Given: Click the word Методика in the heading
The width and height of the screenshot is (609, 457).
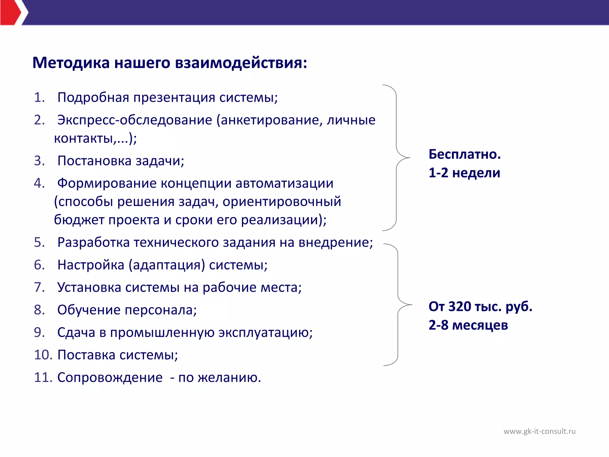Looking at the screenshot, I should [71, 63].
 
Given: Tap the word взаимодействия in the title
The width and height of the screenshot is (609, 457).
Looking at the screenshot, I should [241, 63].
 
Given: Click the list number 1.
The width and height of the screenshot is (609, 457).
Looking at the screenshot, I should [39, 98].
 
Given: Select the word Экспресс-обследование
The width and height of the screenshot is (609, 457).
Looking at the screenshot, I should [134, 120].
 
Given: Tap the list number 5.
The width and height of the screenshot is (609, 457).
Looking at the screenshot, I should [39, 242].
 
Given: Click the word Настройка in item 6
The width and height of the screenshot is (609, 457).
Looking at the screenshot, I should [91, 265].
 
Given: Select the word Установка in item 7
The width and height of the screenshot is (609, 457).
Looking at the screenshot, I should [89, 288].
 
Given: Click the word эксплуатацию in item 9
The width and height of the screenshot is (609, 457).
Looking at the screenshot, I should [265, 333].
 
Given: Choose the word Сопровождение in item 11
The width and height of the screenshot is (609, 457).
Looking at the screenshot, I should [110, 378].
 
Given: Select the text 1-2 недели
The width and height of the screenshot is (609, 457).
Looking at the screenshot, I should [464, 173].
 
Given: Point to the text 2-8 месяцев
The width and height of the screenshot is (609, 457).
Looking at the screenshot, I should [468, 325].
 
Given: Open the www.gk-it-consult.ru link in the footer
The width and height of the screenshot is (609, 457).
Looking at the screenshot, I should [539, 431].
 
